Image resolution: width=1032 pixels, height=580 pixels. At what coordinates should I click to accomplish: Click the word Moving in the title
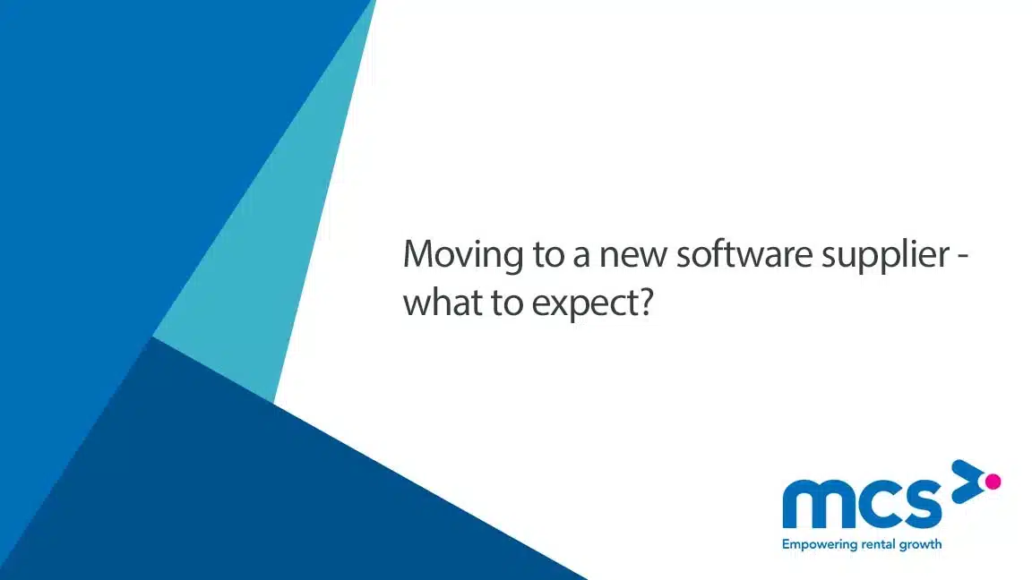pos(463,255)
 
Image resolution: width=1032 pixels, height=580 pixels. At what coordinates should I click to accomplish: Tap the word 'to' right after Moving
pos(548,255)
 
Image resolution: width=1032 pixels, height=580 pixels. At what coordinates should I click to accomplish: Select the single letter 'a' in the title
pos(581,259)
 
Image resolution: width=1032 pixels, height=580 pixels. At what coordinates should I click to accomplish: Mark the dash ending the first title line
pos(963,259)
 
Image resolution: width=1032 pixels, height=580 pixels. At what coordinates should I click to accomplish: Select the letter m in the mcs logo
pos(815,504)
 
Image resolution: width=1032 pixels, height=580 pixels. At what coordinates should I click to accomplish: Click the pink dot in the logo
pos(993,482)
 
